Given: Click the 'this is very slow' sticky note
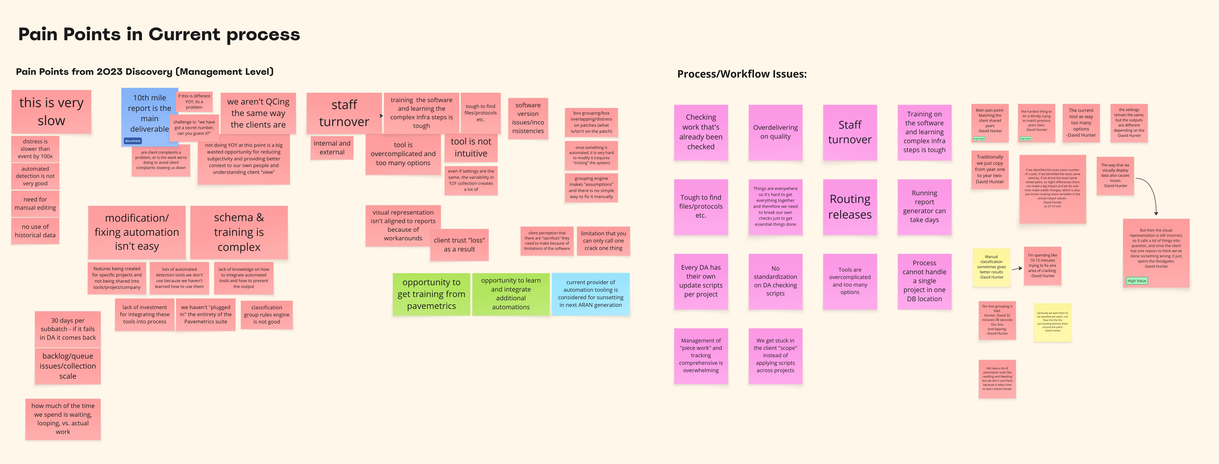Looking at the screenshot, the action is pyautogui.click(x=51, y=112).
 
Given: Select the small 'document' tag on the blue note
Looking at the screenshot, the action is pyautogui.click(x=133, y=141).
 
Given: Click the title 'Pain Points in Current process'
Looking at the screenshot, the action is pyautogui.click(x=159, y=35).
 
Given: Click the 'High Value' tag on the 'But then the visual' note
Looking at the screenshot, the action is pyautogui.click(x=1137, y=281).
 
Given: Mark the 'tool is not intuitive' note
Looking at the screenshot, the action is pyautogui.click(x=471, y=148).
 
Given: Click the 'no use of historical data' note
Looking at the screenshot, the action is pyautogui.click(x=35, y=231).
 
